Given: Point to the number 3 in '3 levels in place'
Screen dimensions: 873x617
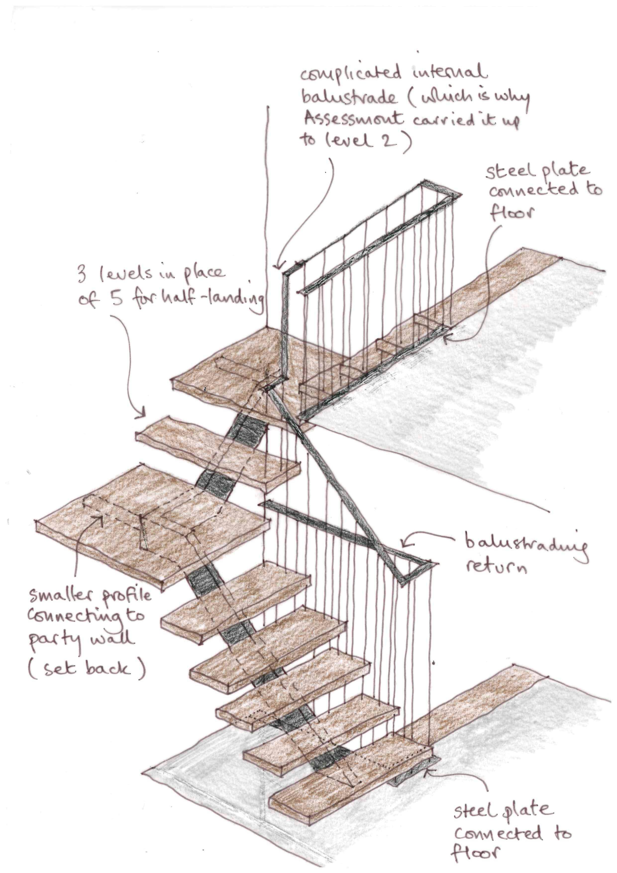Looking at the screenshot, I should (82, 275).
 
